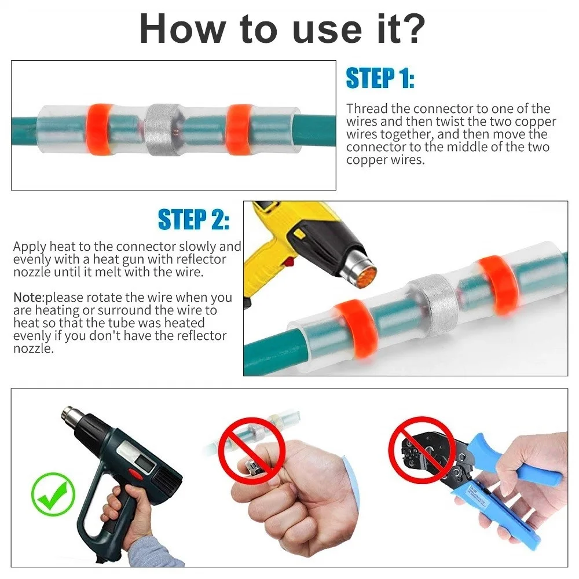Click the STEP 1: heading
(x=380, y=78)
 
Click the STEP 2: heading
(x=194, y=219)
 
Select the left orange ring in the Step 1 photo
(x=99, y=129)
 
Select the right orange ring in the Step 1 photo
(x=239, y=129)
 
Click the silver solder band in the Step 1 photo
(x=162, y=129)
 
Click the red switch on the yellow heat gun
(x=289, y=262)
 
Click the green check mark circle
(x=53, y=494)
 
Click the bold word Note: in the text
(x=29, y=297)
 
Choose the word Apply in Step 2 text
(x=30, y=247)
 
